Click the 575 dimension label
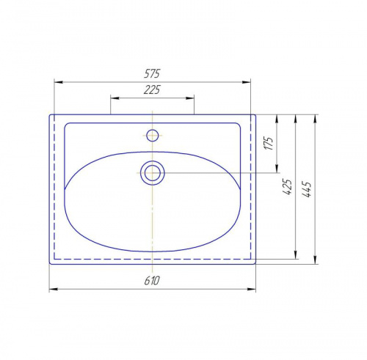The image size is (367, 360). (152, 73)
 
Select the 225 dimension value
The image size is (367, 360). (152, 89)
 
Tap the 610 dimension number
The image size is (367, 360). (152, 281)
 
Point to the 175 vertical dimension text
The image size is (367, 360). (269, 143)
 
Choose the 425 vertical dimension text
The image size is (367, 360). (288, 187)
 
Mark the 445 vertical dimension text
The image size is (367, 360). (307, 189)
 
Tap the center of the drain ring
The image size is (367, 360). (153, 173)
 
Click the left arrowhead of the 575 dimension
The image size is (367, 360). (58, 82)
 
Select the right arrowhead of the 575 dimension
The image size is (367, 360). (247, 82)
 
